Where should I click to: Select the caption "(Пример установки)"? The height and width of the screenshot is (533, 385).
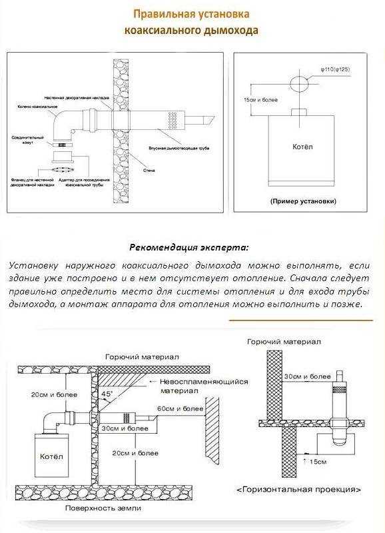pyautogui.click(x=303, y=201)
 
